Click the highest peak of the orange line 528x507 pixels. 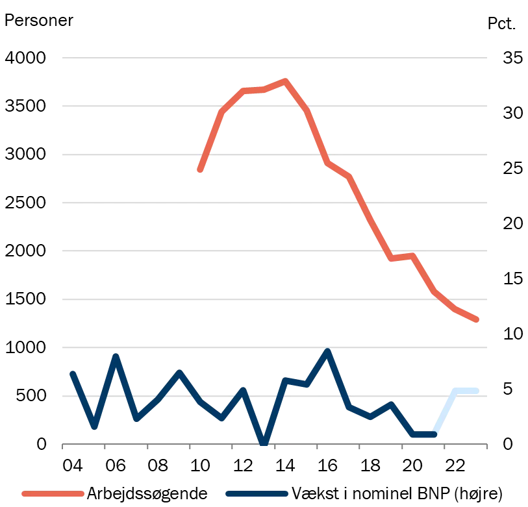[284, 81]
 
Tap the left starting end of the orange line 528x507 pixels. [199, 171]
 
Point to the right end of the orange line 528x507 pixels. [478, 320]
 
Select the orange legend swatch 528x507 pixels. [53, 494]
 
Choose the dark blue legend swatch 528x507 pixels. [257, 494]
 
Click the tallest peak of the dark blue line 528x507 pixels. [327, 351]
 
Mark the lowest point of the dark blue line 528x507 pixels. [264, 443]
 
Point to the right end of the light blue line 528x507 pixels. [480, 390]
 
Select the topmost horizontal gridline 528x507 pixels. [275, 60]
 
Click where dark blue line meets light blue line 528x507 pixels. [434, 434]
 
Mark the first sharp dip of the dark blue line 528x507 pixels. [94, 427]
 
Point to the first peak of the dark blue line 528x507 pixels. [116, 356]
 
